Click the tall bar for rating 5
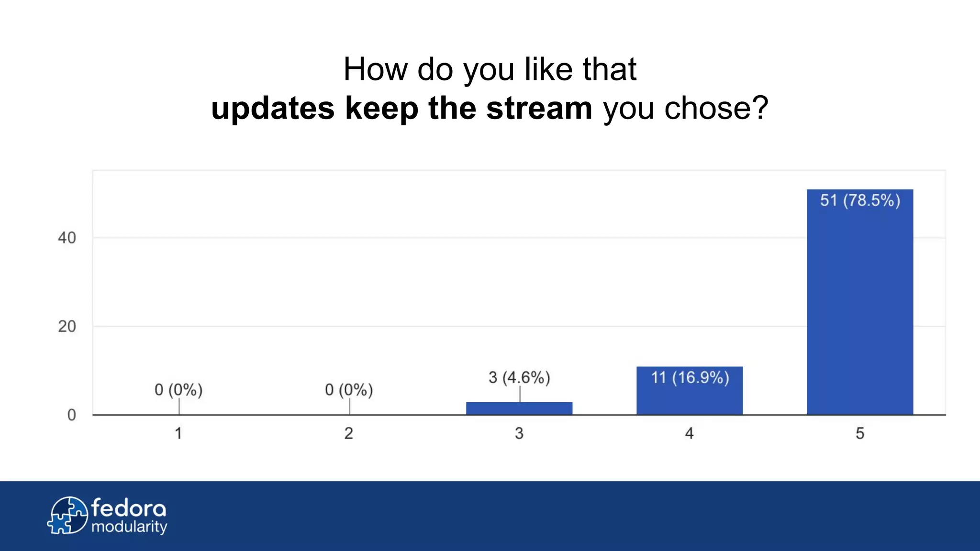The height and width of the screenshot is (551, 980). pyautogui.click(x=860, y=306)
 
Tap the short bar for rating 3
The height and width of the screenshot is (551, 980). pyautogui.click(x=519, y=408)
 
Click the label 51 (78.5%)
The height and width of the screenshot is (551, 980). pyautogui.click(x=860, y=200)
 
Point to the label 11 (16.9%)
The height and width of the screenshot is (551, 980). pyautogui.click(x=690, y=377)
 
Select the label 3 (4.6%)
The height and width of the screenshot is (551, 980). pyautogui.click(x=519, y=377)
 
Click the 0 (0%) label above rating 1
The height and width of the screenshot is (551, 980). pyautogui.click(x=178, y=390)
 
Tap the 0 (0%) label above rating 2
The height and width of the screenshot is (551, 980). pyautogui.click(x=349, y=390)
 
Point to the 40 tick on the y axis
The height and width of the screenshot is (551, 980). pyautogui.click(x=67, y=238)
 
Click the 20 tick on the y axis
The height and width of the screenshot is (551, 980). pyautogui.click(x=67, y=327)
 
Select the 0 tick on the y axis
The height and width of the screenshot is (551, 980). pyautogui.click(x=72, y=415)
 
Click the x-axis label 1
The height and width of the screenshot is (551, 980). pyautogui.click(x=178, y=433)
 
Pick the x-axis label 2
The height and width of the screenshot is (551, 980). pyautogui.click(x=349, y=433)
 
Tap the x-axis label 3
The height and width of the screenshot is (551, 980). pyautogui.click(x=519, y=433)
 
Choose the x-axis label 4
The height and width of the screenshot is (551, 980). pyautogui.click(x=690, y=433)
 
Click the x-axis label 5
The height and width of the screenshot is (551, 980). pyautogui.click(x=860, y=433)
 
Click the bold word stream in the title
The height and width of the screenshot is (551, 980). pyautogui.click(x=539, y=108)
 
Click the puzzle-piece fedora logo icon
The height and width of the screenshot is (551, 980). pyautogui.click(x=67, y=515)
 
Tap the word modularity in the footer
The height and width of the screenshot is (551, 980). pyautogui.click(x=129, y=527)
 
